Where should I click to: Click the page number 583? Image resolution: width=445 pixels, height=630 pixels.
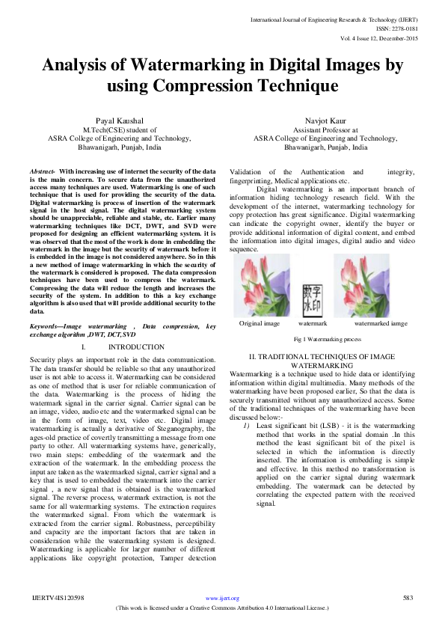click(x=408, y=598)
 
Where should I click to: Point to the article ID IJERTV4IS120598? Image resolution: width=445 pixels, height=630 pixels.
click(x=57, y=598)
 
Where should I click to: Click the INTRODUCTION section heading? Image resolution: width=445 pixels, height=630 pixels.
click(x=136, y=347)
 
